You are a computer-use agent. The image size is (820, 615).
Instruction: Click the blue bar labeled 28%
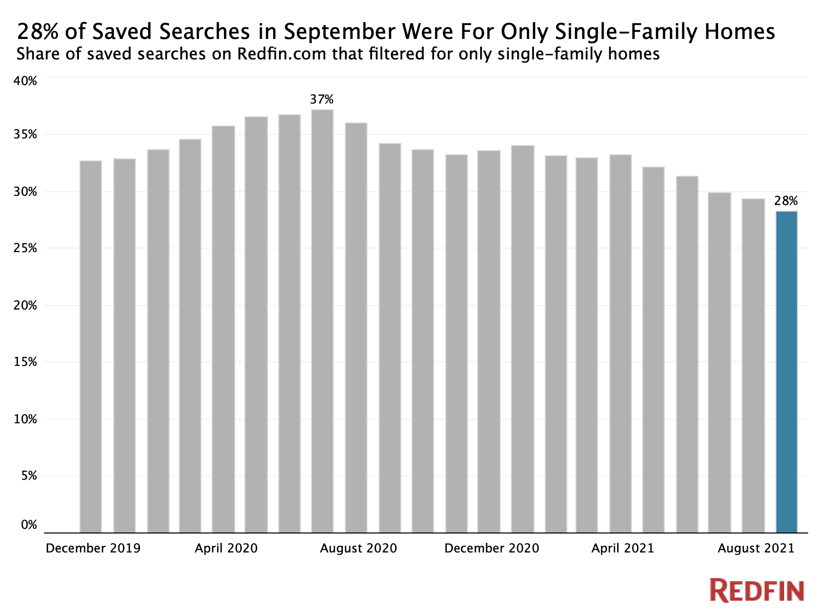(x=787, y=372)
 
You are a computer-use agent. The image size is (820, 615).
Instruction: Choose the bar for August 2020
(x=356, y=328)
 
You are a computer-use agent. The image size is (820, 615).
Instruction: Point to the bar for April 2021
(x=621, y=344)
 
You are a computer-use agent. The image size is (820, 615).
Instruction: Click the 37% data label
(x=322, y=99)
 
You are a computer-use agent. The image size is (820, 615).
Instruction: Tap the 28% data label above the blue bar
(x=786, y=201)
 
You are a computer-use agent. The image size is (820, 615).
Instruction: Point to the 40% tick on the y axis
(x=26, y=81)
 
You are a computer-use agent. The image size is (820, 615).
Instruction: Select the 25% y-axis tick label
(x=26, y=248)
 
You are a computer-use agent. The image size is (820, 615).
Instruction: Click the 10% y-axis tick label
(x=26, y=419)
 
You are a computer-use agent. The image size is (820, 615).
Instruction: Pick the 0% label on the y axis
(x=29, y=525)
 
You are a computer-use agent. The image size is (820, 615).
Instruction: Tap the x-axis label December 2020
(x=491, y=548)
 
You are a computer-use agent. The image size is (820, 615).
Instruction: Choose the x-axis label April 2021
(x=623, y=548)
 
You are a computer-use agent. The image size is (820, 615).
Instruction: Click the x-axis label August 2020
(x=358, y=548)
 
